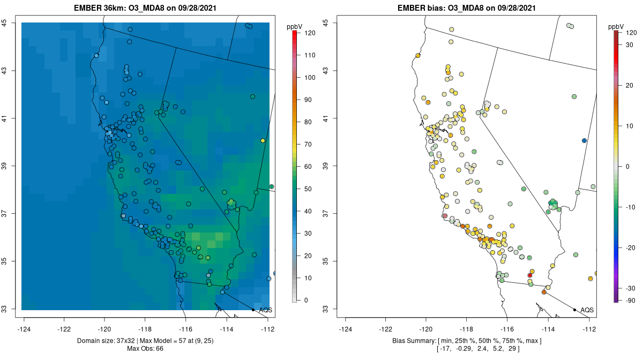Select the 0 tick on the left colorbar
(306, 300)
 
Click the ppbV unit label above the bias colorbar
(616, 26)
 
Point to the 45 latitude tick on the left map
(4, 22)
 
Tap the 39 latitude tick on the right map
(326, 166)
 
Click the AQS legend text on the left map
(265, 310)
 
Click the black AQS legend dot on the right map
(574, 310)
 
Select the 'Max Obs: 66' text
(145, 349)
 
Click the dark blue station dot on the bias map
(584, 140)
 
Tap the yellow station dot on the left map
(263, 140)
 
